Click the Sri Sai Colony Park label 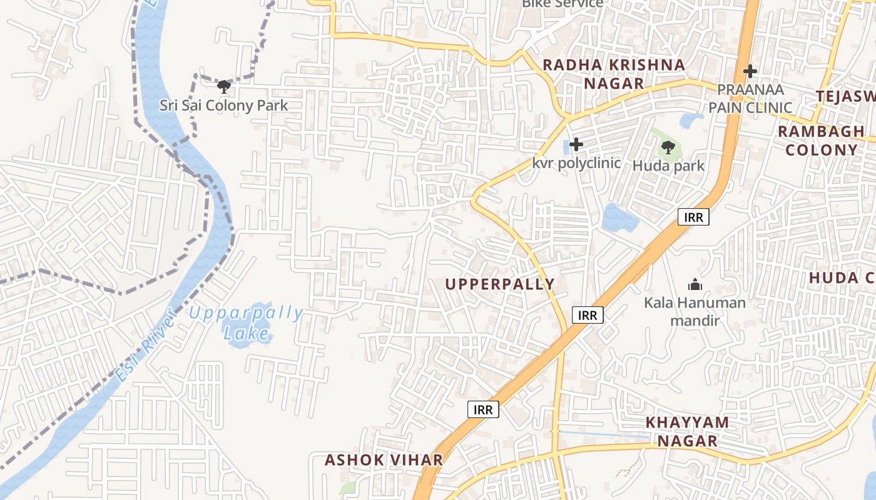point(223,105)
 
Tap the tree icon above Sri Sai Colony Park point(223,86)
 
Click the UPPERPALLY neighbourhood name point(500,284)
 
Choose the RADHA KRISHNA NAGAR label point(613,74)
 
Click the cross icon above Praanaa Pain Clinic point(750,71)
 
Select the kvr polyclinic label point(576,163)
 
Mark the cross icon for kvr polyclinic point(576,145)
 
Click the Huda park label point(668,166)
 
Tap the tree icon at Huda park point(668,147)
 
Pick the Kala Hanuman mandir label point(695,311)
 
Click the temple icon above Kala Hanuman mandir point(695,285)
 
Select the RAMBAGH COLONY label point(821,141)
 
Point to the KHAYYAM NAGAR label point(687,431)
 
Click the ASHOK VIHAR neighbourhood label point(384,461)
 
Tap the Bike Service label point(563,3)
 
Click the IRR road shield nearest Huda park point(693,217)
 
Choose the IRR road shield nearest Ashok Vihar point(483,410)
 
